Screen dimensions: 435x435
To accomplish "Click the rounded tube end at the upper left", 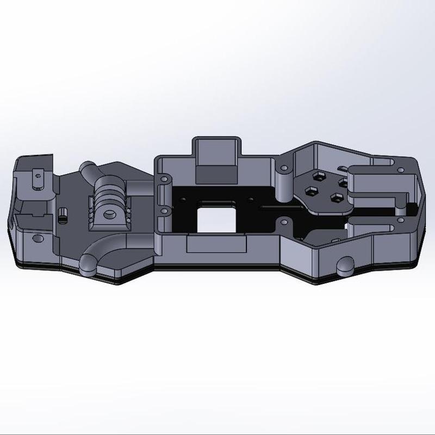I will [x=86, y=167].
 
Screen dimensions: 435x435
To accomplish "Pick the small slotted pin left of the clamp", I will [x=62, y=214].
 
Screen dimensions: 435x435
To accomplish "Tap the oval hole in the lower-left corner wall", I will [x=38, y=238].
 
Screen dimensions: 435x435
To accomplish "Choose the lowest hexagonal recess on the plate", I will [x=337, y=197].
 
